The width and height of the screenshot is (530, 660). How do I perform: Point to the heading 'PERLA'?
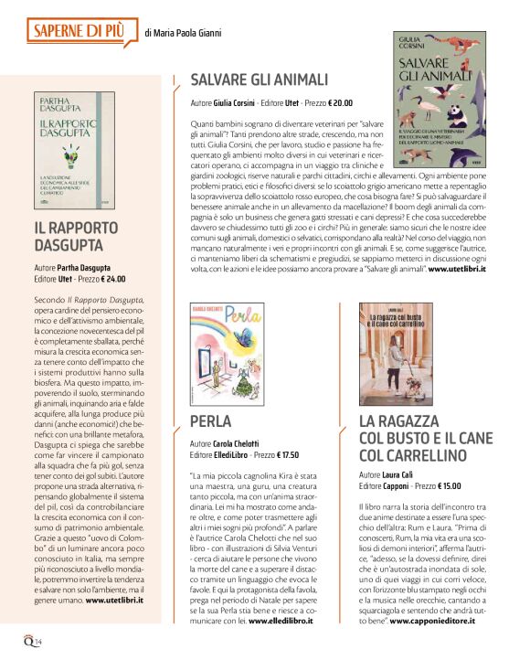pos(211,420)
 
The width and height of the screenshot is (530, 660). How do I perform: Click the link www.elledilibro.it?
pos(277,620)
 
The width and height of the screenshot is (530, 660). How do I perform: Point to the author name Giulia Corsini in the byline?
pos(238,103)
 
